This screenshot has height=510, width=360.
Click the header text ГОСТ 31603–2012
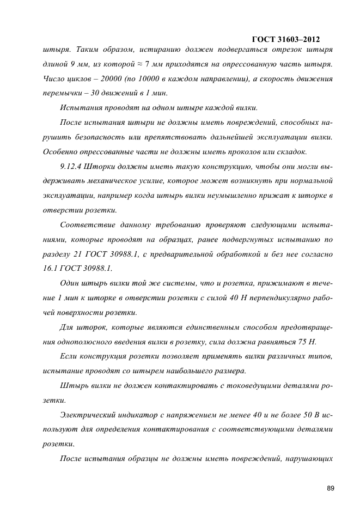pos(286,39)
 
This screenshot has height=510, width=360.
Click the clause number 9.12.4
pos(73,166)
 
